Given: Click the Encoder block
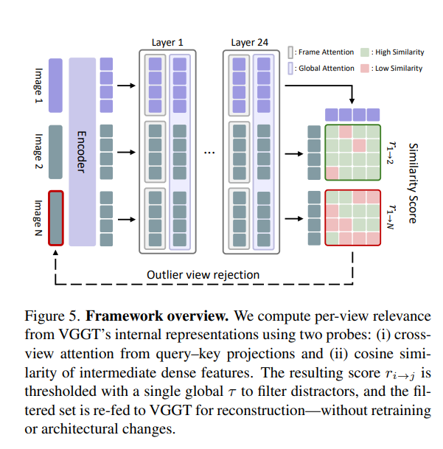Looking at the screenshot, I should pos(83,151).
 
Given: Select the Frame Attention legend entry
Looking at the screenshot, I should pos(317,53).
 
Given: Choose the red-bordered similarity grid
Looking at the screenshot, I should pos(352,218).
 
